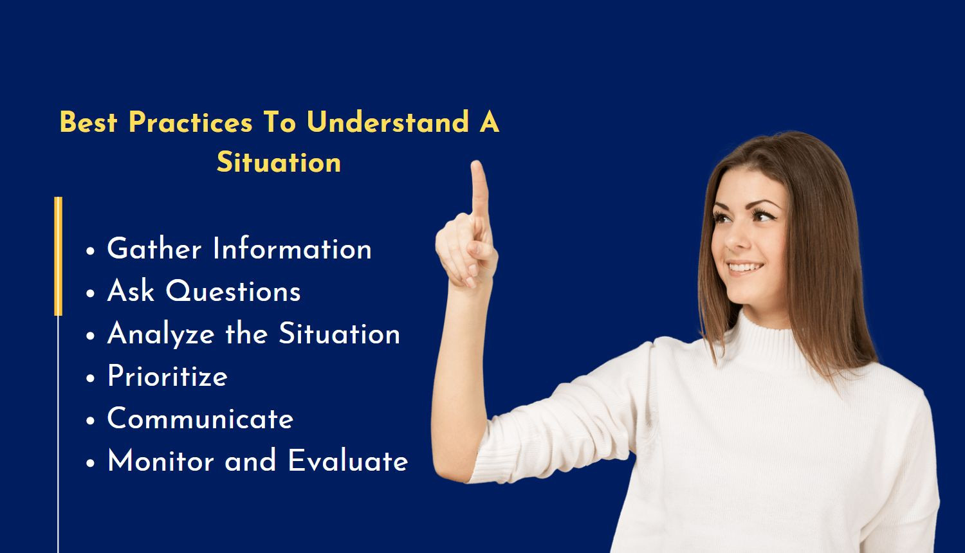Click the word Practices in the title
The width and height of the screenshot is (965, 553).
(x=190, y=122)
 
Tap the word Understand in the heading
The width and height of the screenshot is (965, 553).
(x=387, y=122)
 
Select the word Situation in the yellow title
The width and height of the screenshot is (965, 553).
(x=279, y=162)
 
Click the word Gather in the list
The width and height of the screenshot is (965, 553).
(x=154, y=249)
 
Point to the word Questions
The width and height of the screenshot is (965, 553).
(x=233, y=292)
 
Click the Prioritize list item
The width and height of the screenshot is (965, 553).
(x=167, y=377)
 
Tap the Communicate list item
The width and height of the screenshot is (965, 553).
(x=200, y=419)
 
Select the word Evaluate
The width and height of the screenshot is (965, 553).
(x=347, y=461)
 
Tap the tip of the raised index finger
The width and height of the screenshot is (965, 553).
(x=477, y=167)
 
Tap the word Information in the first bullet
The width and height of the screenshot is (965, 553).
(x=292, y=249)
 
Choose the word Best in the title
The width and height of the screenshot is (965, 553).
(x=88, y=122)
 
